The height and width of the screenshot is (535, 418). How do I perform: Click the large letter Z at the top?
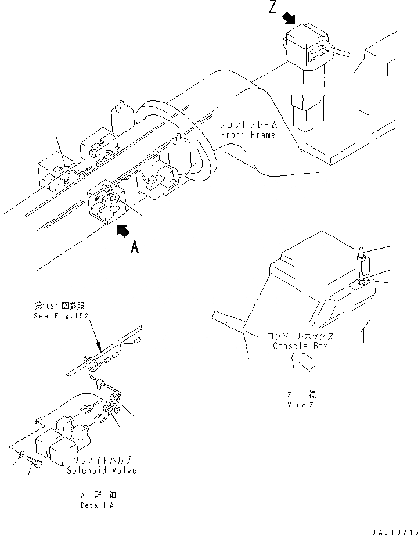(273, 9)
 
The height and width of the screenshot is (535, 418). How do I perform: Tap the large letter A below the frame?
(135, 247)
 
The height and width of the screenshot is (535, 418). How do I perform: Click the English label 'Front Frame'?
(247, 135)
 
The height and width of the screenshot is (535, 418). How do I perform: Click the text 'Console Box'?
(300, 346)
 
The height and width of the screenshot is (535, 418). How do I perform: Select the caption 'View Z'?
(300, 405)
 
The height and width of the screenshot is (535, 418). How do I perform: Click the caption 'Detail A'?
(97, 505)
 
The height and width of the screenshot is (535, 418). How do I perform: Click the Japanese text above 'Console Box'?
(300, 336)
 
